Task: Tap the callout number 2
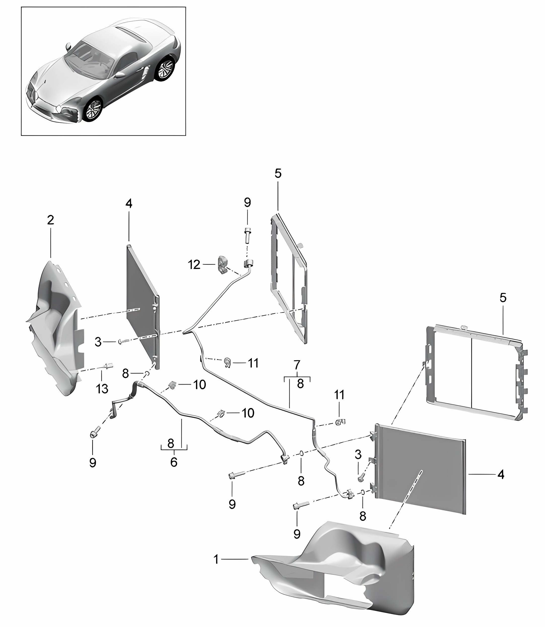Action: coord(50,220)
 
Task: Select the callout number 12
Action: coord(194,265)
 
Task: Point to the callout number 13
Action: coord(102,388)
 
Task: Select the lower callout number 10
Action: coord(248,413)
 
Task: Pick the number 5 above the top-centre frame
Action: coord(278,174)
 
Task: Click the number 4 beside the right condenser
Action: coord(501,482)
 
